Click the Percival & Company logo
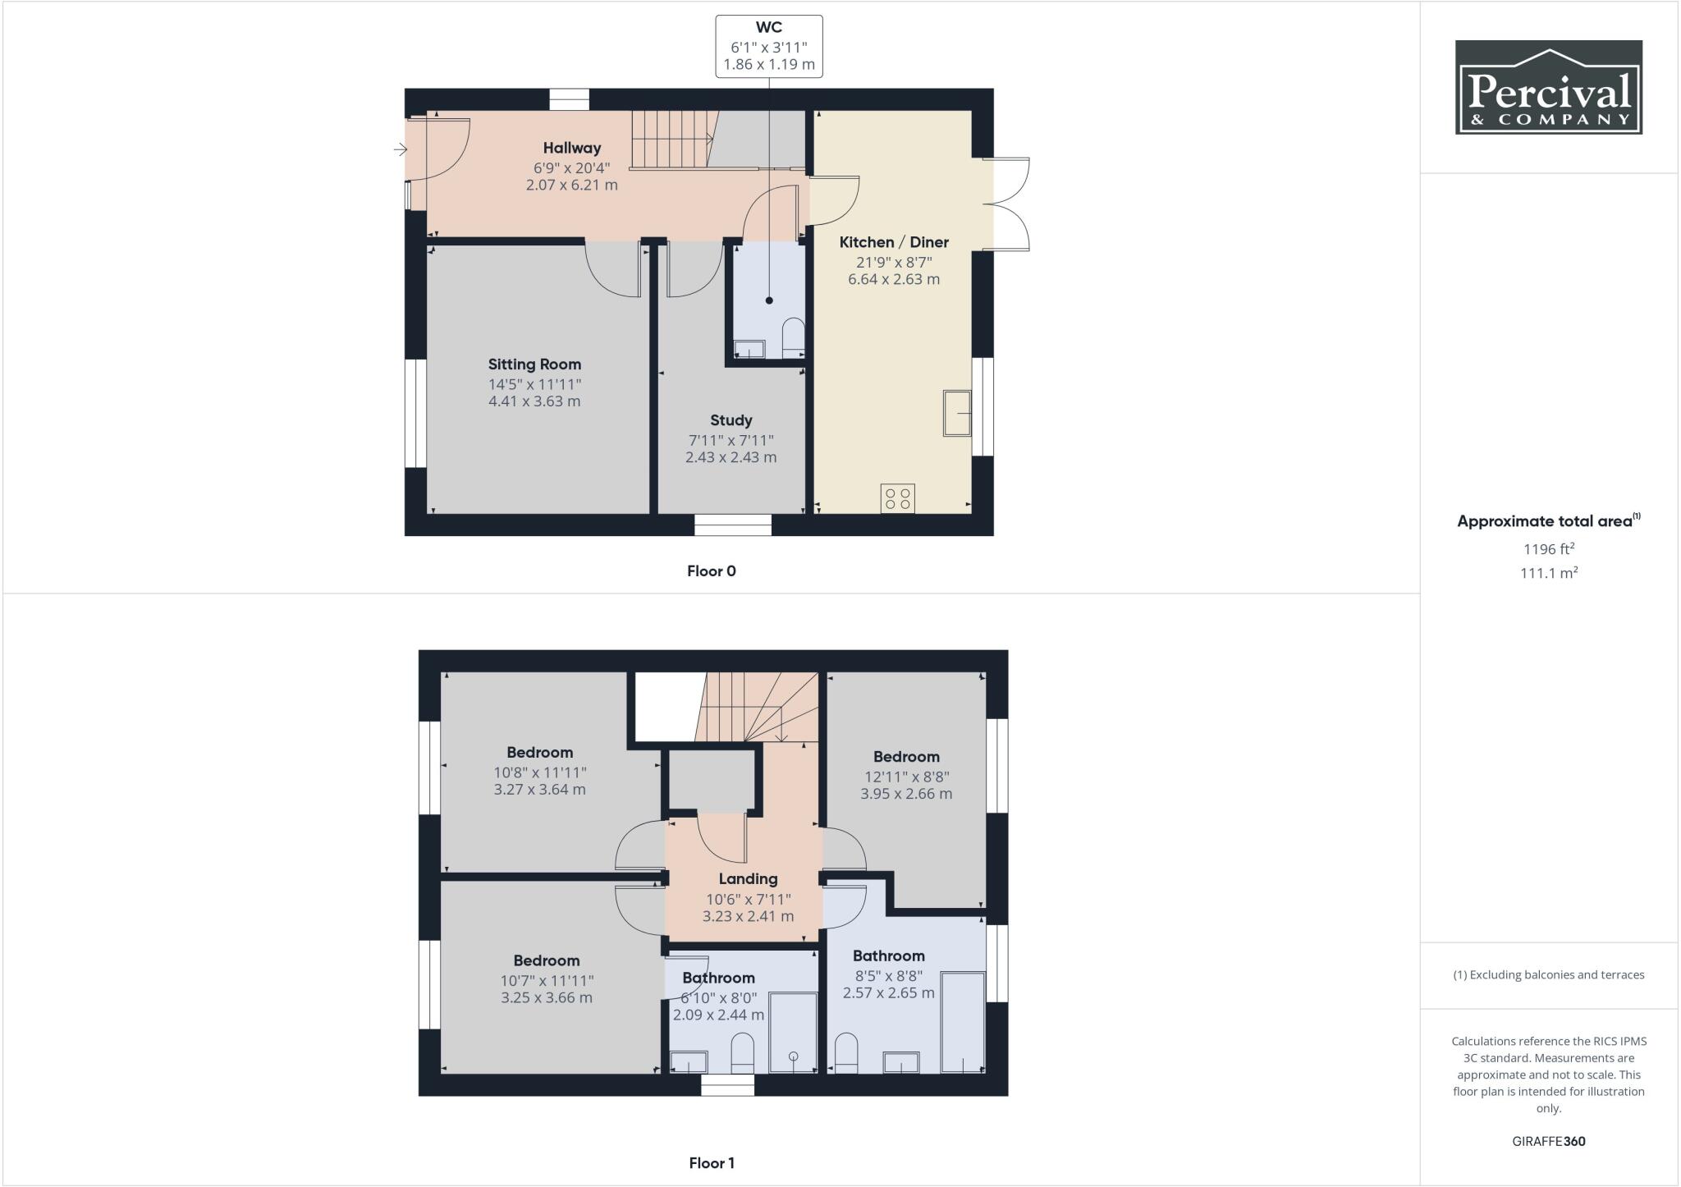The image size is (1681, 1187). point(1548,87)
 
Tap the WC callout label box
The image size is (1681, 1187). point(768,46)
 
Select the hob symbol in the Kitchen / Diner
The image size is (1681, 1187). point(897,498)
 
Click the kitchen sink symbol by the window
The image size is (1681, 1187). point(956,413)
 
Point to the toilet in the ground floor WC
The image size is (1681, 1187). point(793,338)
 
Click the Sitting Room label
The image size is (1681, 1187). point(534,364)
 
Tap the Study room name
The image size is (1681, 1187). point(731,420)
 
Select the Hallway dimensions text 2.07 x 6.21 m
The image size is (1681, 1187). point(571,186)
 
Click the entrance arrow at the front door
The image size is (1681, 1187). point(401,149)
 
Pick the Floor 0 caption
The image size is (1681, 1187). point(711,571)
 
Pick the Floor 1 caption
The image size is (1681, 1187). point(711,1163)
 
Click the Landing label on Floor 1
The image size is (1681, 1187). point(748,878)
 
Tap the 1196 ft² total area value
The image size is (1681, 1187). point(1548,549)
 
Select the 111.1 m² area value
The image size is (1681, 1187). point(1548,573)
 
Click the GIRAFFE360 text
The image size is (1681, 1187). point(1548,1141)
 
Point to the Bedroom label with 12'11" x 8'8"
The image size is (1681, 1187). point(905,757)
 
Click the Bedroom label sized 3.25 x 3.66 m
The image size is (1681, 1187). point(546,960)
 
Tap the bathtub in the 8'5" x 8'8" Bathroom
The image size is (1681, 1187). point(962,1022)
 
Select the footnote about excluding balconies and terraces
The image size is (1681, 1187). point(1548,975)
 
